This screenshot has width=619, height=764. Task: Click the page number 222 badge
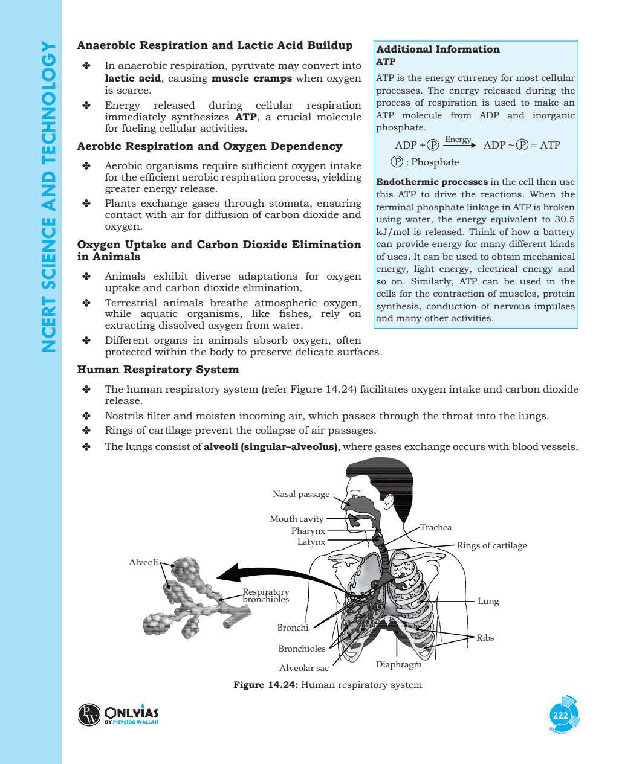(560, 715)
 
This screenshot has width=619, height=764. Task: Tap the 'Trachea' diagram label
(436, 527)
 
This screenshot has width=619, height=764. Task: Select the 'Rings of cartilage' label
(491, 545)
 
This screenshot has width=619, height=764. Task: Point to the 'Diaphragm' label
(398, 664)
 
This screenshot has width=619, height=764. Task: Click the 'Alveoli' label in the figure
(143, 562)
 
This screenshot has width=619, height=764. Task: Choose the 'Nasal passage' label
(301, 494)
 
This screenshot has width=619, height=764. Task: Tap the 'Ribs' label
(485, 638)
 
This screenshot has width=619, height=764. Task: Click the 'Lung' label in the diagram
(488, 601)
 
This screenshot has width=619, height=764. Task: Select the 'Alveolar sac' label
(304, 668)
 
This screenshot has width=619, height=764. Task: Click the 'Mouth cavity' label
(296, 519)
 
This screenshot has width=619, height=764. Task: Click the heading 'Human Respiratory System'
(158, 370)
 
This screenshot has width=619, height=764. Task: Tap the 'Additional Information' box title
(438, 50)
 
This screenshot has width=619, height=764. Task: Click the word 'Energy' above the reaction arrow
(458, 140)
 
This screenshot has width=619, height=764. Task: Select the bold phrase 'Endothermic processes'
(432, 182)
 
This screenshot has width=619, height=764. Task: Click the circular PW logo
(89, 714)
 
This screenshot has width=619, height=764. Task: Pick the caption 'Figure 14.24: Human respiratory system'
(328, 685)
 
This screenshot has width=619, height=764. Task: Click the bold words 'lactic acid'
(132, 79)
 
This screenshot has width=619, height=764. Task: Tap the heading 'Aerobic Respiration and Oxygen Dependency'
(209, 146)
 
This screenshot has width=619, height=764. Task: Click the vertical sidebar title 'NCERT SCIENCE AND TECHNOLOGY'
(48, 196)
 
